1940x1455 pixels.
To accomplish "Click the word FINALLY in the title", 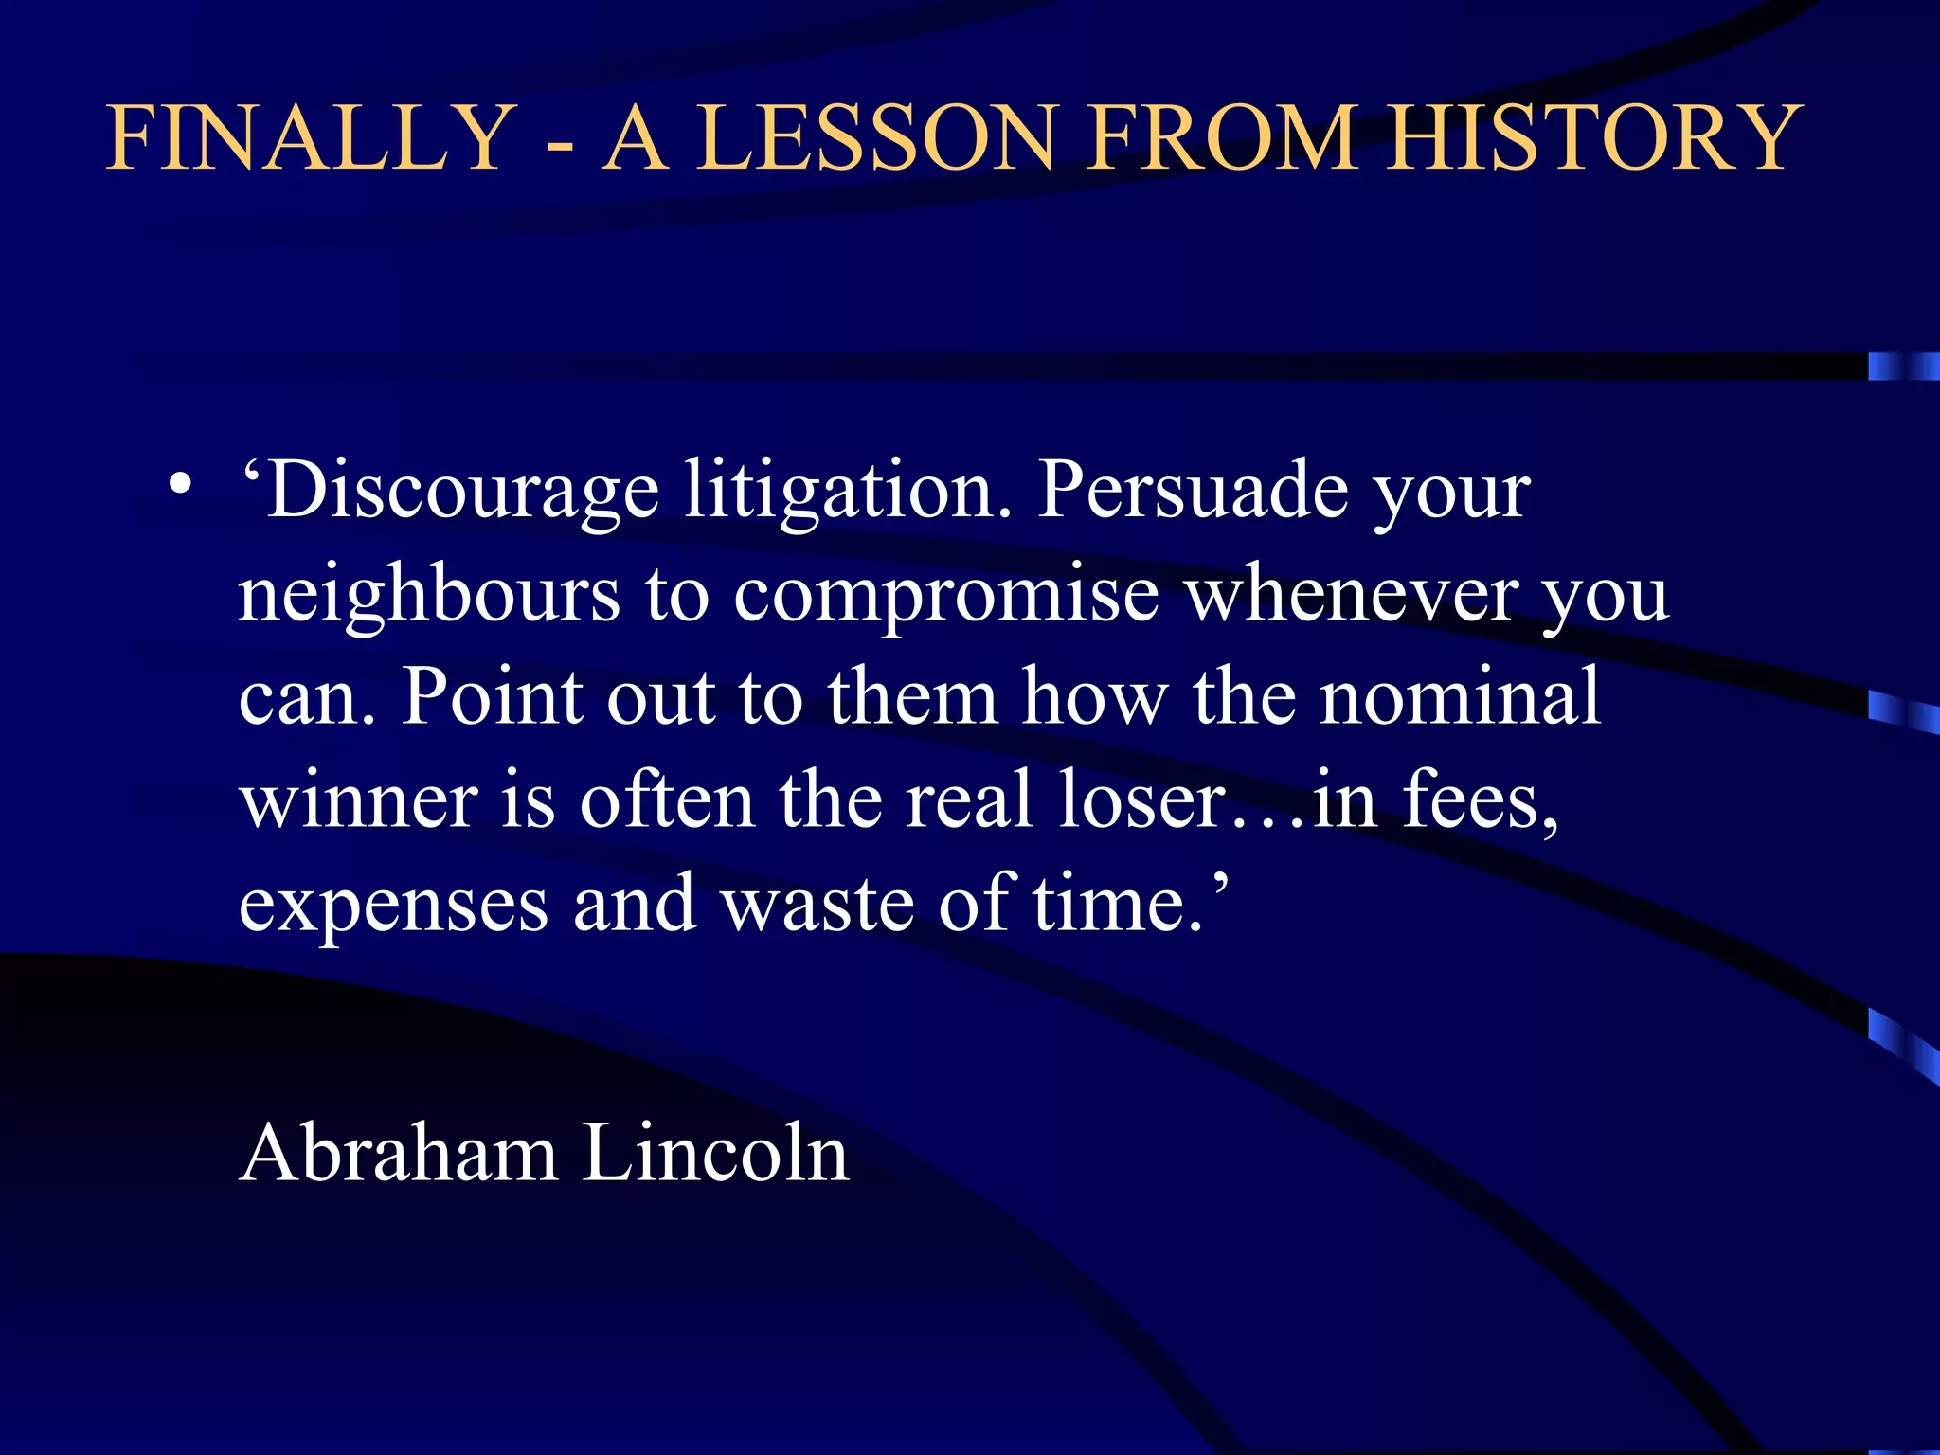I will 310,138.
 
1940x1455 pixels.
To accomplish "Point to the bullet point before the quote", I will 180,486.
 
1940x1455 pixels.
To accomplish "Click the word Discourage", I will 461,493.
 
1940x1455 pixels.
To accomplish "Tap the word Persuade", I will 1192,493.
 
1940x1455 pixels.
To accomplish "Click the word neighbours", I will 429,597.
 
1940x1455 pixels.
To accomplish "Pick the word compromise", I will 946,597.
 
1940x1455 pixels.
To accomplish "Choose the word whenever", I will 1352,597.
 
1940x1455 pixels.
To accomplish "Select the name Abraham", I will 399,1154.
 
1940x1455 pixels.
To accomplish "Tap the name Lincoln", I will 714,1154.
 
